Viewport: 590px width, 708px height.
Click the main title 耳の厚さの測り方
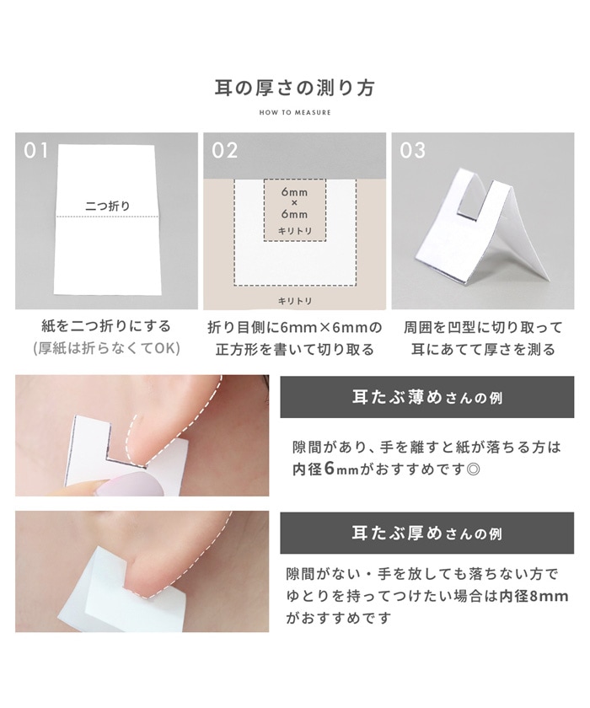click(294, 88)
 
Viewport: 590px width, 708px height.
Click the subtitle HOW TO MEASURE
click(295, 112)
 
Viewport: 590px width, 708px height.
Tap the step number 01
click(35, 151)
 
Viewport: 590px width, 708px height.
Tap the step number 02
click(224, 151)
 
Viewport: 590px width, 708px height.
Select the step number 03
click(412, 151)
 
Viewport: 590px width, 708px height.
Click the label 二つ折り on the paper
click(107, 206)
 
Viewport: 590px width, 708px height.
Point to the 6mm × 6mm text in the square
click(294, 203)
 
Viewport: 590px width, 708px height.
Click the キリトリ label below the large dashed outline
click(295, 301)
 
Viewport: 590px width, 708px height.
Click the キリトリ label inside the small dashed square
click(295, 231)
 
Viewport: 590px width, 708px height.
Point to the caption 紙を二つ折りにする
click(106, 326)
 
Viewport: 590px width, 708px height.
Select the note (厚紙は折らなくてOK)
click(106, 348)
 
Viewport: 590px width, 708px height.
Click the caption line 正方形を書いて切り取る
click(295, 350)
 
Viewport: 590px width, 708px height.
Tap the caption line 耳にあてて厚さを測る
click(483, 350)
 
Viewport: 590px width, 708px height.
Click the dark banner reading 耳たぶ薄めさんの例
click(427, 397)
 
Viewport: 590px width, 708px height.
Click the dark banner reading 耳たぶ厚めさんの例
click(427, 534)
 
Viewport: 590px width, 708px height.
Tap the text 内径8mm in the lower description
click(534, 596)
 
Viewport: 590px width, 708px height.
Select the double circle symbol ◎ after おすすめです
click(474, 470)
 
